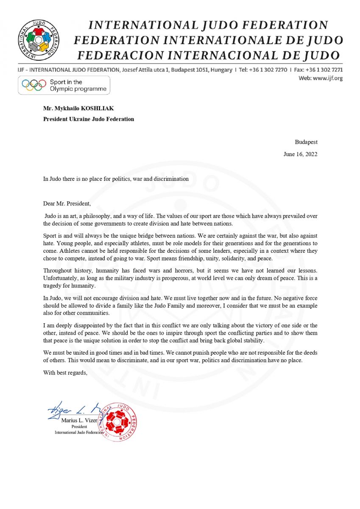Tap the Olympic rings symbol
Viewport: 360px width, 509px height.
coord(34,85)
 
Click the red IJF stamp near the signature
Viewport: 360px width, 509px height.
coord(117,422)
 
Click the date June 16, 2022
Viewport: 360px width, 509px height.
coord(300,154)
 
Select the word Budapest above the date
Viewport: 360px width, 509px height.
coord(306,142)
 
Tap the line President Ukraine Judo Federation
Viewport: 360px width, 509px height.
coord(89,119)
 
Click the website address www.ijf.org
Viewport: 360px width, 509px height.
coord(327,78)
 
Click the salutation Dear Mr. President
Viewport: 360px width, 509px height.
coord(67,203)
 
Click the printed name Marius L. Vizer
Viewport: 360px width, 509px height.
coord(79,420)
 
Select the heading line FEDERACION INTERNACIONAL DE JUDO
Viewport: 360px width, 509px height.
coord(209,55)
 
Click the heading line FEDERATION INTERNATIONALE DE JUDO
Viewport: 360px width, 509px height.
coord(209,40)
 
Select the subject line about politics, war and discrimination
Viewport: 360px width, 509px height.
coord(116,179)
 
